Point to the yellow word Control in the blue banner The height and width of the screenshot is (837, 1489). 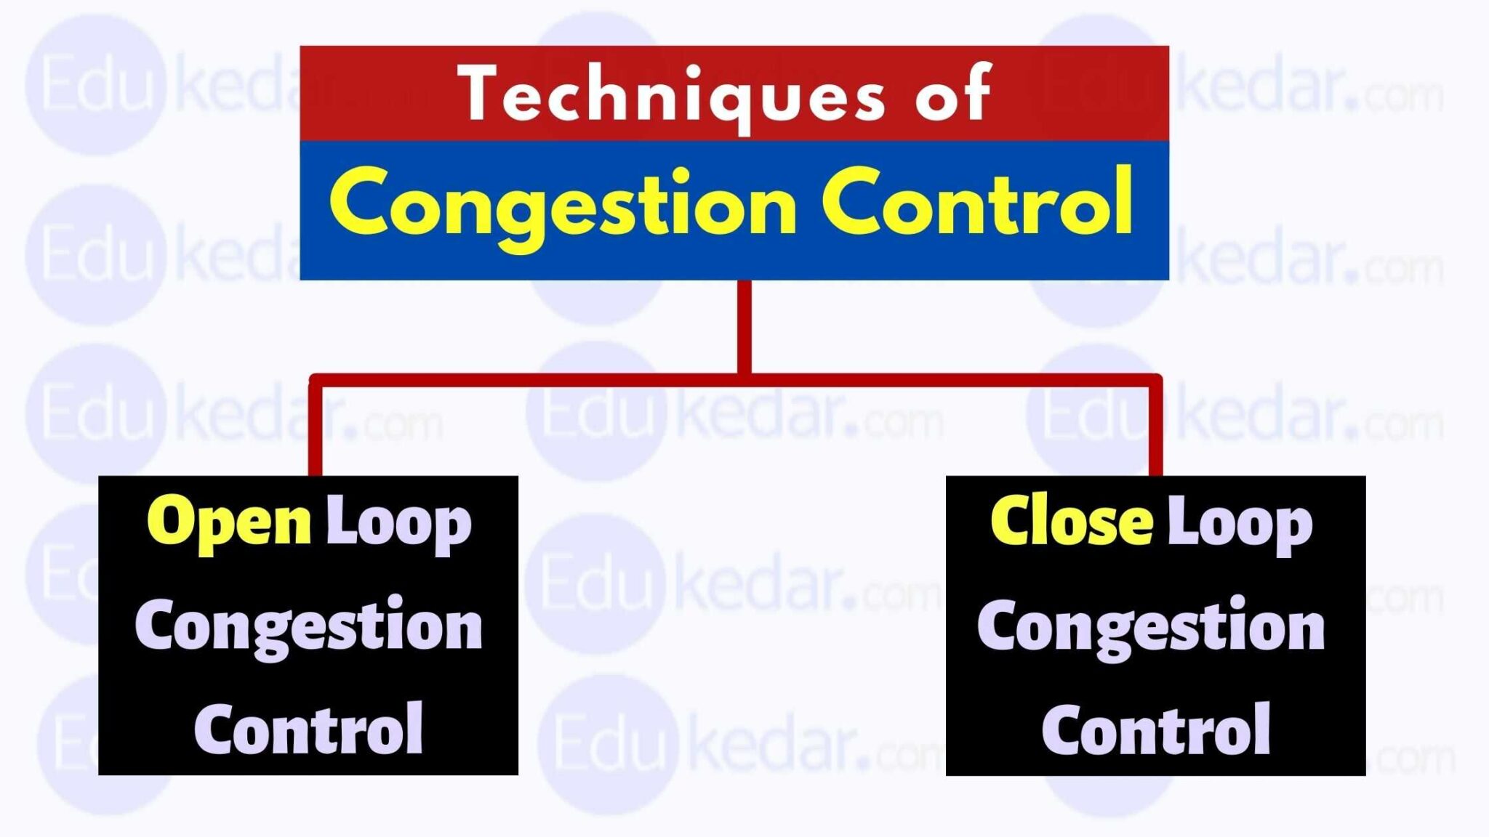coord(977,203)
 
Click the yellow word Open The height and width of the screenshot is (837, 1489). coord(229,523)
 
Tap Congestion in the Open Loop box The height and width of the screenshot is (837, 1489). coord(308,627)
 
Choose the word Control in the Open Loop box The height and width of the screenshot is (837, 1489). coord(308,729)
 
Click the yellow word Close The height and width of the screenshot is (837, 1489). coord(1072,522)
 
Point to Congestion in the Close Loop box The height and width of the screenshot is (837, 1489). coord(1151,627)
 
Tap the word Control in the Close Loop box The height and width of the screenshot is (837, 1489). coord(1156,729)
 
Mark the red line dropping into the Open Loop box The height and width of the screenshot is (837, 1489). coord(315,429)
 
